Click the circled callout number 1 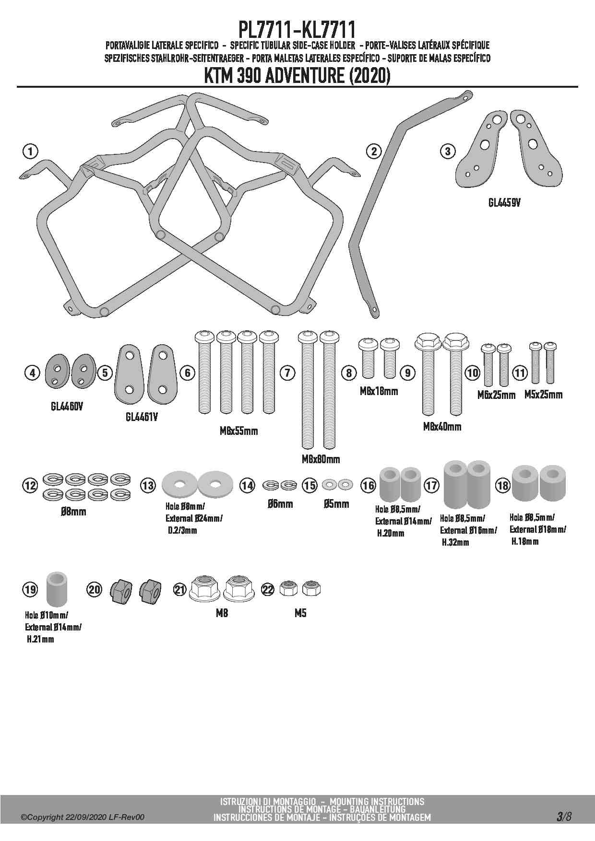coord(30,152)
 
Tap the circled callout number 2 coord(373,152)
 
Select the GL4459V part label coord(504,203)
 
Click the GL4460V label coord(67,407)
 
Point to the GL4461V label coord(142,417)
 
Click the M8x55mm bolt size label coord(238,431)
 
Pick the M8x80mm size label coord(321,459)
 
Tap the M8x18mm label coord(379,391)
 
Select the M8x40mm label coord(442,427)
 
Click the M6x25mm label coord(496,395)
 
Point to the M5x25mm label coord(543,395)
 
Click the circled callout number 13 coord(148,486)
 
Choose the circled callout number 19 coord(30,589)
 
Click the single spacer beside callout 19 coord(57,588)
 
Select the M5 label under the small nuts coord(300,613)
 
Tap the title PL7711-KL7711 coord(297,30)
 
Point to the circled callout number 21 coord(180,589)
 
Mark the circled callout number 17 coord(431,486)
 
